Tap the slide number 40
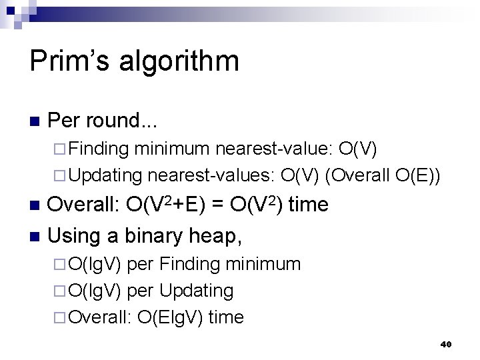point(447,344)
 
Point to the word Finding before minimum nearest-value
point(101,149)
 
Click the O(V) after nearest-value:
point(360,149)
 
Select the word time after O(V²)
point(309,205)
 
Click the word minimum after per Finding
point(264,264)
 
